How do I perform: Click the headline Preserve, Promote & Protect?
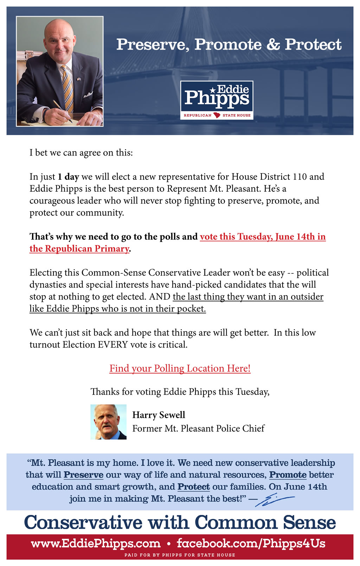point(229,44)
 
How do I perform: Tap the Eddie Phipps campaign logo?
point(217,100)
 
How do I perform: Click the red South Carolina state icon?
point(217,115)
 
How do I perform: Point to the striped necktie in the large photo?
point(67,88)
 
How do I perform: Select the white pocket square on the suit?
point(88,94)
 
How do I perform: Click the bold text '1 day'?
point(68,177)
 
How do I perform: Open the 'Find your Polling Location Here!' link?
point(180,368)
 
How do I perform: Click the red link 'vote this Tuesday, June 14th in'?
point(263,237)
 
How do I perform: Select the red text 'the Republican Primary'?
point(79,249)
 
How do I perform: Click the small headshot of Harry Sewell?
point(108,422)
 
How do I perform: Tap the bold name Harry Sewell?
point(159,415)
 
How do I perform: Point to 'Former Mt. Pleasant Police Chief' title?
point(198,428)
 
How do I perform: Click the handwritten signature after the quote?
point(275,500)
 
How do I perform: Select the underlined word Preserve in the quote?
point(83,475)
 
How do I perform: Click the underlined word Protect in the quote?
point(194,487)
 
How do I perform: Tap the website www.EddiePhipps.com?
point(96,543)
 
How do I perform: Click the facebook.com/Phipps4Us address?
point(251,543)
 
